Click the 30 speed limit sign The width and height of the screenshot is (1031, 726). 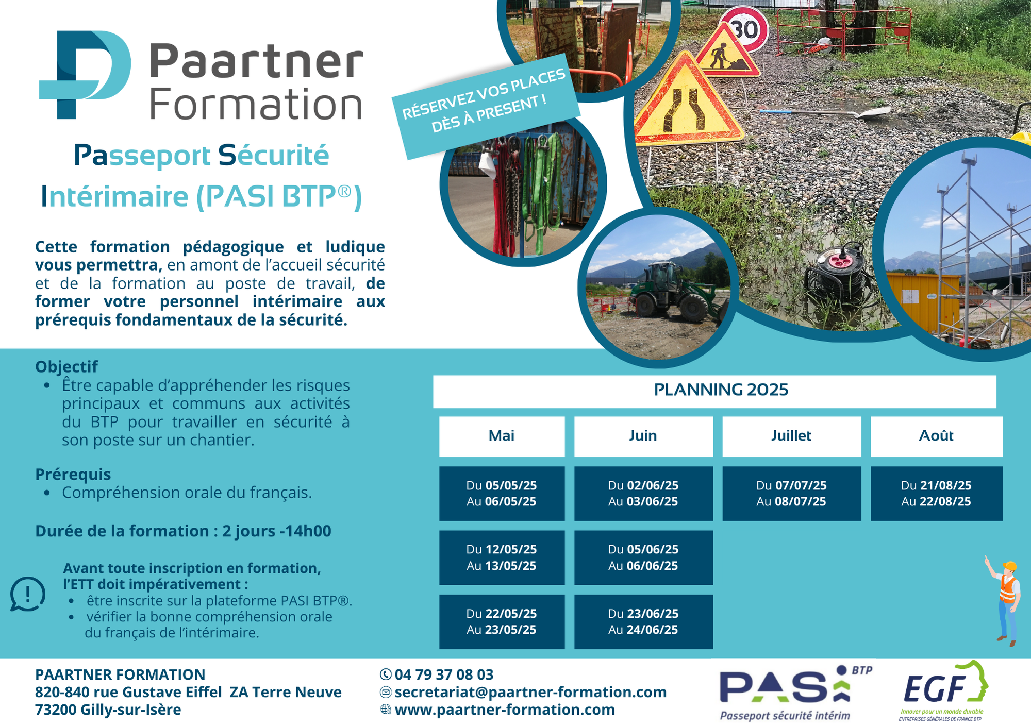pos(745,29)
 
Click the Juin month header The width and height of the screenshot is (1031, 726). pos(643,436)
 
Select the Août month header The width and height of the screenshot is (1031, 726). pos(936,436)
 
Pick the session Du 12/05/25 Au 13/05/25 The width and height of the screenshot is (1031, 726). pos(502,558)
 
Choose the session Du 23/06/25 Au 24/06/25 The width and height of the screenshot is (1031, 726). pos(643,621)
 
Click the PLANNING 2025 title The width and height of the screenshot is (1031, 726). pos(721,390)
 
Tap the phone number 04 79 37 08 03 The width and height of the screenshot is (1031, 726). pos(444,674)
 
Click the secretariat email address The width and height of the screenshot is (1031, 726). pos(530,692)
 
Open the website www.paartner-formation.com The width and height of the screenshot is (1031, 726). pos(505,710)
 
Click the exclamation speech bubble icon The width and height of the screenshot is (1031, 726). pos(28,594)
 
